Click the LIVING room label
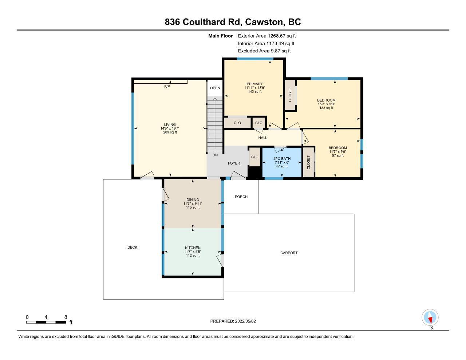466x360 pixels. [x=170, y=124]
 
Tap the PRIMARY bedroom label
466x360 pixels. [x=254, y=84]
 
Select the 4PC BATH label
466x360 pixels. [x=282, y=158]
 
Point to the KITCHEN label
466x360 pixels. [x=193, y=248]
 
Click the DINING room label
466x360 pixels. [x=193, y=199]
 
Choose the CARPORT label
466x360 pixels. [x=289, y=253]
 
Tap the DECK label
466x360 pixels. [x=132, y=247]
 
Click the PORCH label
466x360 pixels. [x=241, y=197]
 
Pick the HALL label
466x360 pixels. [x=262, y=138]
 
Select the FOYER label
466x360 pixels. [x=234, y=163]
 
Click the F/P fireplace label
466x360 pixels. [x=167, y=86]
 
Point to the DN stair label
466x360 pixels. [x=215, y=155]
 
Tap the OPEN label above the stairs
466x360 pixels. [x=215, y=88]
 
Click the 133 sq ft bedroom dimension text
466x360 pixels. [x=326, y=108]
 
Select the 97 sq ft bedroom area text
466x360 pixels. [x=338, y=155]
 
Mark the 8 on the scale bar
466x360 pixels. [x=66, y=317]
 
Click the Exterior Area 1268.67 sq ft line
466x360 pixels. [x=267, y=36]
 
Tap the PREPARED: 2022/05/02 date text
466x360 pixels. [x=233, y=321]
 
